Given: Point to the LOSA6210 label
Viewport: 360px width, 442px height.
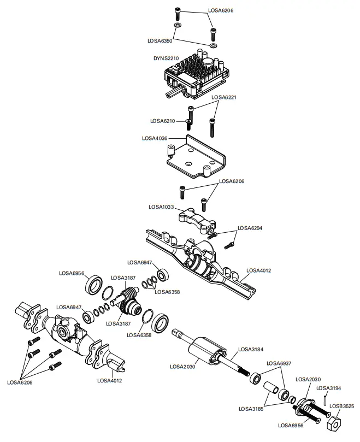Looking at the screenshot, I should (163, 121).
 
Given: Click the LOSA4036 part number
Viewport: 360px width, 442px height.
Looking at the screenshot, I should (155, 138).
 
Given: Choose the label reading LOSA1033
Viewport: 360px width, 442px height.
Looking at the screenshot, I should (162, 207).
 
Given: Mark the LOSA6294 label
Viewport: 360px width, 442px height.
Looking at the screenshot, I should (250, 228).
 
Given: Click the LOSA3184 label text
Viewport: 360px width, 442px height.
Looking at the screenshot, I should (250, 349).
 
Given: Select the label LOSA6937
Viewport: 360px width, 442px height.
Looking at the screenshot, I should (278, 363).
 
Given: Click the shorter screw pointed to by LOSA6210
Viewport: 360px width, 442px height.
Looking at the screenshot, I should (188, 122).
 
